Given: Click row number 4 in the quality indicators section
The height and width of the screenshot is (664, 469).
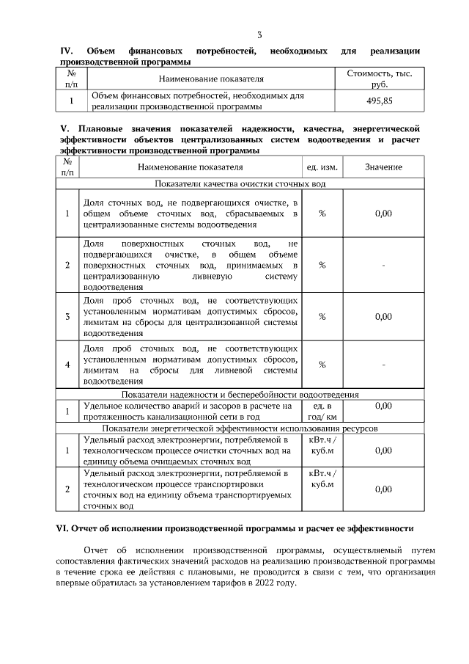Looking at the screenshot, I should tap(67, 364).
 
